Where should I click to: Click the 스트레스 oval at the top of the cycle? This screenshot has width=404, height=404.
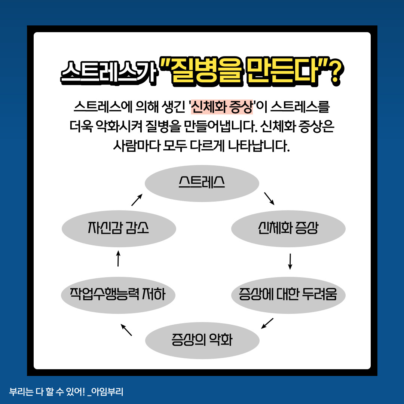[202, 183]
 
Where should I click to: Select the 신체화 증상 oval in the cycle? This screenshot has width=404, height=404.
[288, 229]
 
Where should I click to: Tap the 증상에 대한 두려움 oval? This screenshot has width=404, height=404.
[288, 295]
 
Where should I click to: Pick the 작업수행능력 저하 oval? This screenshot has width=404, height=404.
[118, 295]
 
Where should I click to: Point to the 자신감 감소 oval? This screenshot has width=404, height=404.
[118, 229]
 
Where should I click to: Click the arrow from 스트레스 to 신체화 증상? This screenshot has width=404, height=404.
[269, 199]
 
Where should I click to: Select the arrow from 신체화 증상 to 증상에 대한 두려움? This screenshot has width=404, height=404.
[290, 261]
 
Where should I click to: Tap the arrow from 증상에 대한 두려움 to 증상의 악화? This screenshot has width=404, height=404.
[267, 323]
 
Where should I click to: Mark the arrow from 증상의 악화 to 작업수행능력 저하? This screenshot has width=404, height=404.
[126, 330]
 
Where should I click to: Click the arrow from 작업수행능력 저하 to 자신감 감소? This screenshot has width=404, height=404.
[118, 258]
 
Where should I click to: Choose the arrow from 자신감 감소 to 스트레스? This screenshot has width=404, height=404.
[137, 200]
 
